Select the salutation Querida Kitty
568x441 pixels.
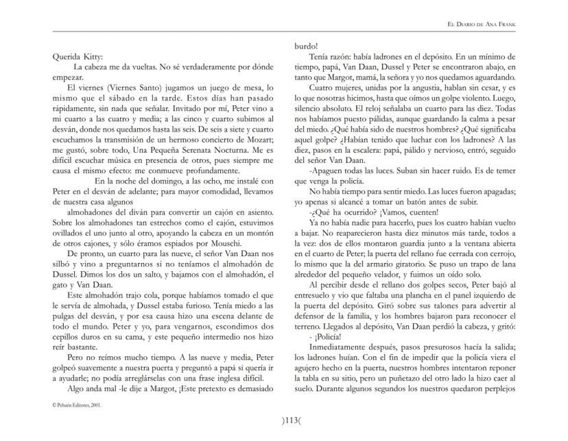(78, 58)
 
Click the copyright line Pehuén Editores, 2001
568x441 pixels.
(78, 405)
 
